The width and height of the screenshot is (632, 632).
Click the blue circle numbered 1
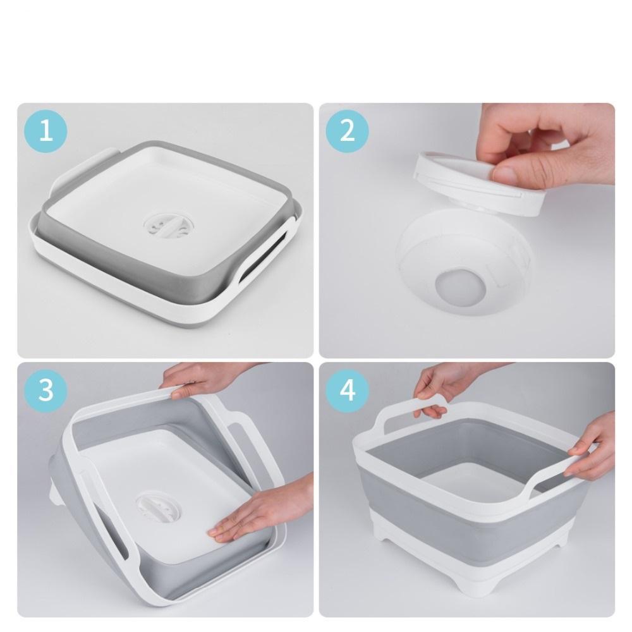pos(46,131)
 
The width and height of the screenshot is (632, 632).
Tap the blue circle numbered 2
pos(347,131)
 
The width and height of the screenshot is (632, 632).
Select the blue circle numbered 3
pos(46,390)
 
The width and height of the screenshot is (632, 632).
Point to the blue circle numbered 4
pos(347,390)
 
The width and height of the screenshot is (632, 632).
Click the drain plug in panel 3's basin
pos(157,509)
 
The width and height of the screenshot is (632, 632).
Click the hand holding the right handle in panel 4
pos(593,447)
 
